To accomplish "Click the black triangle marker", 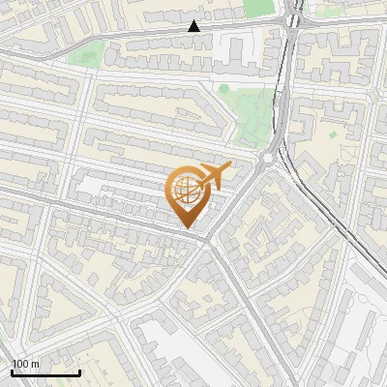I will pos(194,26).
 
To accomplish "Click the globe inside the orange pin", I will pos(186,191).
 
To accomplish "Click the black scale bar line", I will pos(45,372).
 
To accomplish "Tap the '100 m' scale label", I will pos(26,364).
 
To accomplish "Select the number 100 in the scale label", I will pos(21,364).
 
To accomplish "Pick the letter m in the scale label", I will pos(36,364).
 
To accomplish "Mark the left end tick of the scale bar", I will pos(11,371).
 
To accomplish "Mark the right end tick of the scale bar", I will pos(79,371).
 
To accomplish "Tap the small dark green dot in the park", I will pos(223,89).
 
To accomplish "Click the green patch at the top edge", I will pos(257,8).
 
